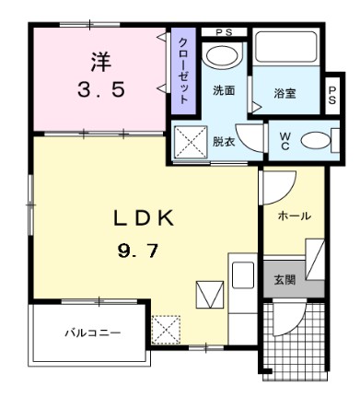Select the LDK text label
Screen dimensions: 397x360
tap(143, 217)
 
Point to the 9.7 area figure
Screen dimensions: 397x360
tap(143, 249)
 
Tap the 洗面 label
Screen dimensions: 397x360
tap(224, 90)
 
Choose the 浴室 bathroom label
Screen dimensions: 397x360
tap(285, 93)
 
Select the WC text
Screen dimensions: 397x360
tap(285, 141)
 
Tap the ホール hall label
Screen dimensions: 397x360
tap(294, 216)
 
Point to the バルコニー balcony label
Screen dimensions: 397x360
tap(92, 333)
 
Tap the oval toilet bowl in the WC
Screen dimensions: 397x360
tap(315, 142)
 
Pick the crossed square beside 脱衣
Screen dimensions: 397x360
tap(192, 143)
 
